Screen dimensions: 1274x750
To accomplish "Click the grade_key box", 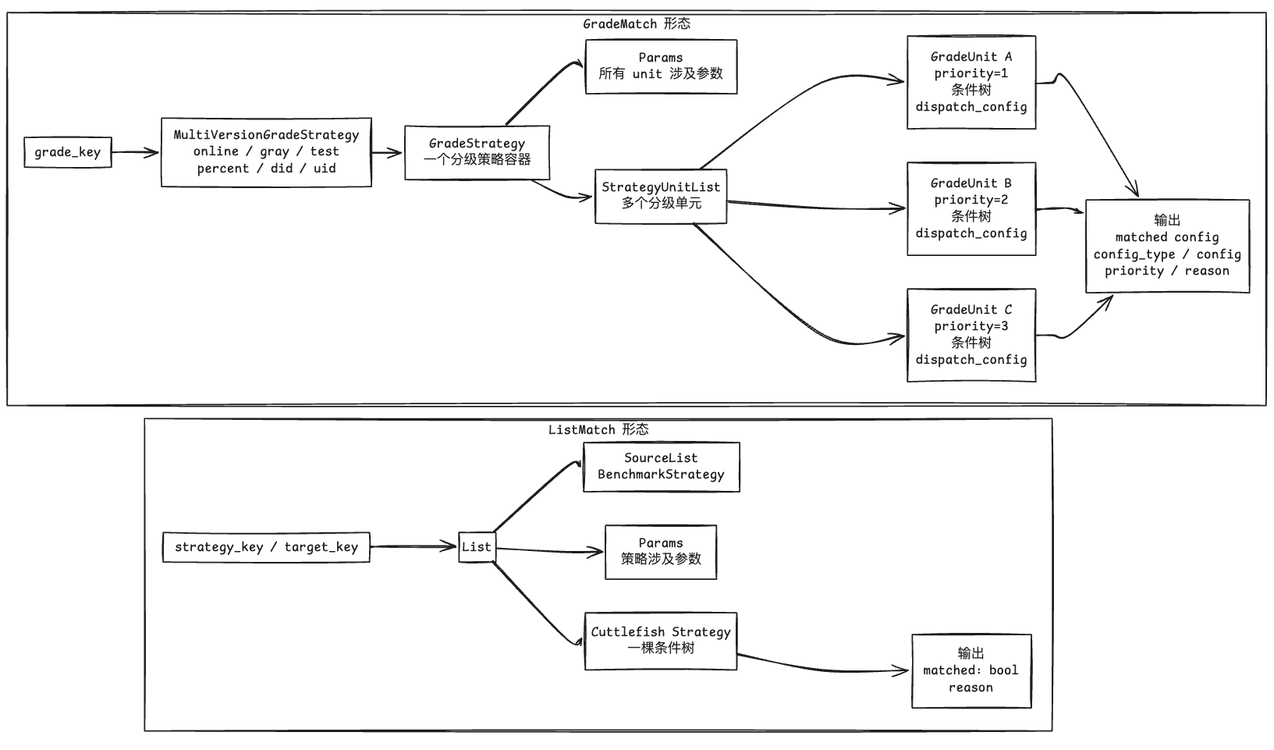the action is click(x=68, y=152).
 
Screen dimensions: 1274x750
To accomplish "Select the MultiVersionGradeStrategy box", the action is click(x=266, y=152).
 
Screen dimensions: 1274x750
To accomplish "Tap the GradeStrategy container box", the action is click(x=477, y=152).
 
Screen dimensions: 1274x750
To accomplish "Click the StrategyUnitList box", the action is click(x=661, y=197).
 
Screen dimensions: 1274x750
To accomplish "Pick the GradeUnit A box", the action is click(x=971, y=83).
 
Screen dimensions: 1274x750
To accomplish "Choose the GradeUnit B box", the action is click(x=971, y=209).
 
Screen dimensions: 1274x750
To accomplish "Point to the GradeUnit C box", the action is click(x=971, y=335).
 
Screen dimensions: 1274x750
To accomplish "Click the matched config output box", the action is click(x=1168, y=246).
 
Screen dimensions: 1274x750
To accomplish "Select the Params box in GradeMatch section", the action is click(x=662, y=66).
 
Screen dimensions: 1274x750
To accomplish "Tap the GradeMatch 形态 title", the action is click(x=637, y=24).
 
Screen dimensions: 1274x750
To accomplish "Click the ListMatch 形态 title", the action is click(x=598, y=429).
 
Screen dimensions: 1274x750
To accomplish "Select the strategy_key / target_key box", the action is click(x=266, y=547).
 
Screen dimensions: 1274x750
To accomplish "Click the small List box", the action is click(x=477, y=547).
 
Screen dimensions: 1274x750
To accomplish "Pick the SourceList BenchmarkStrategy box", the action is click(x=662, y=467).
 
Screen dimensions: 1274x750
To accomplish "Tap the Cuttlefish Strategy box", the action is click(x=661, y=642).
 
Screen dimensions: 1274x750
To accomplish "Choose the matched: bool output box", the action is click(x=971, y=671).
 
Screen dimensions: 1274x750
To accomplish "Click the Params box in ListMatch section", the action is click(x=661, y=552).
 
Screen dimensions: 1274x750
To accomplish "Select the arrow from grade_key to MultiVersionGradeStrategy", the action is click(x=136, y=152).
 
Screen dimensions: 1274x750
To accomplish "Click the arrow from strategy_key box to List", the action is click(x=413, y=547).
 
